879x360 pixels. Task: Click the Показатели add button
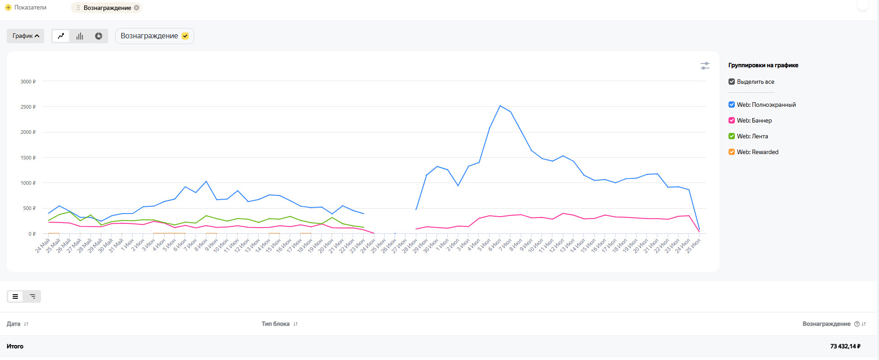[x=8, y=8]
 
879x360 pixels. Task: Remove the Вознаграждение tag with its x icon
[x=137, y=8]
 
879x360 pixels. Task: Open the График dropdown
[x=26, y=36]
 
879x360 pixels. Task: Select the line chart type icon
[x=61, y=36]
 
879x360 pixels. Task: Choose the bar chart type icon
[x=80, y=36]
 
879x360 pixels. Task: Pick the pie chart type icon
[x=99, y=36]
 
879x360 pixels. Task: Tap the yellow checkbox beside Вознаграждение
[x=185, y=36]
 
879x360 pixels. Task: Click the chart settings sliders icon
[x=705, y=66]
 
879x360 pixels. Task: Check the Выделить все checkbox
[x=732, y=82]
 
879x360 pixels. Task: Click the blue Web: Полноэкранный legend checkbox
[x=732, y=105]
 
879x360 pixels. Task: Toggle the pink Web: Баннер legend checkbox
[x=732, y=120]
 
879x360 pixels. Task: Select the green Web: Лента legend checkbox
[x=732, y=136]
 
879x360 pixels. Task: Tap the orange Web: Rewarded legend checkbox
[x=732, y=152]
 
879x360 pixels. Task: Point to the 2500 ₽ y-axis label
[x=28, y=107]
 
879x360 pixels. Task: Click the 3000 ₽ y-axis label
[x=28, y=82]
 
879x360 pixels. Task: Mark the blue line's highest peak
[x=500, y=106]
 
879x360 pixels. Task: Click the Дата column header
[x=14, y=324]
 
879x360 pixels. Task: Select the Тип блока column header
[x=275, y=324]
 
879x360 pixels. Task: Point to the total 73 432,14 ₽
[x=845, y=346]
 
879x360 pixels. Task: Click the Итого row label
[x=15, y=346]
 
